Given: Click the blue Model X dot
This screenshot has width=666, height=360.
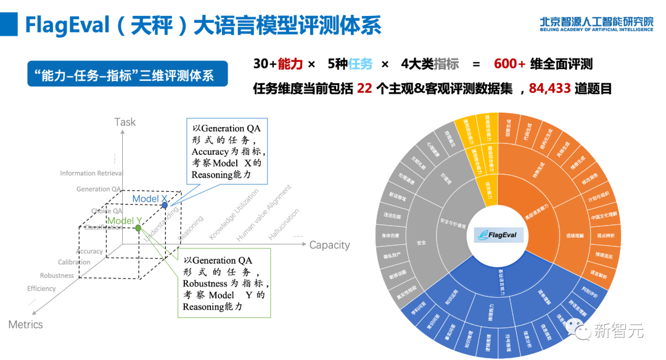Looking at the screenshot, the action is point(165,204).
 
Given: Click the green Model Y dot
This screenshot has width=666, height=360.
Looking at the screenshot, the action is point(138,228).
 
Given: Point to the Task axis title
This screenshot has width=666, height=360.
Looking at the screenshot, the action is point(125,122).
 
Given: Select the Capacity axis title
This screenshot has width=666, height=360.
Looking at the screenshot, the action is point(329,245).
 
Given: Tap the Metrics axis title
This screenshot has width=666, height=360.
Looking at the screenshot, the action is point(26,324).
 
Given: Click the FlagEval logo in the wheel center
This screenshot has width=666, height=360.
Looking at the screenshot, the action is point(498,235).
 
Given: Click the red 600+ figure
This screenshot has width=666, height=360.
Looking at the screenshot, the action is point(509,64).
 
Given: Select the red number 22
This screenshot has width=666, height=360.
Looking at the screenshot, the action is point(364,89).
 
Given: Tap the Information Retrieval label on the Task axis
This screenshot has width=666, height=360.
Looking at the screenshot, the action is point(91,173).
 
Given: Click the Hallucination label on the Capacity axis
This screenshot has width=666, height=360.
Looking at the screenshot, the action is point(284,224).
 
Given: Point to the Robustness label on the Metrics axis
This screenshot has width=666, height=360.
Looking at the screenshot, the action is point(57,276).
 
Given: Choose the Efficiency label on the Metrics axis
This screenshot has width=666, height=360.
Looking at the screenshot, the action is point(41,288).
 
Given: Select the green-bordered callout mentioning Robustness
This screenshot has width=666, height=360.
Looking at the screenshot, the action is point(224,283).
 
